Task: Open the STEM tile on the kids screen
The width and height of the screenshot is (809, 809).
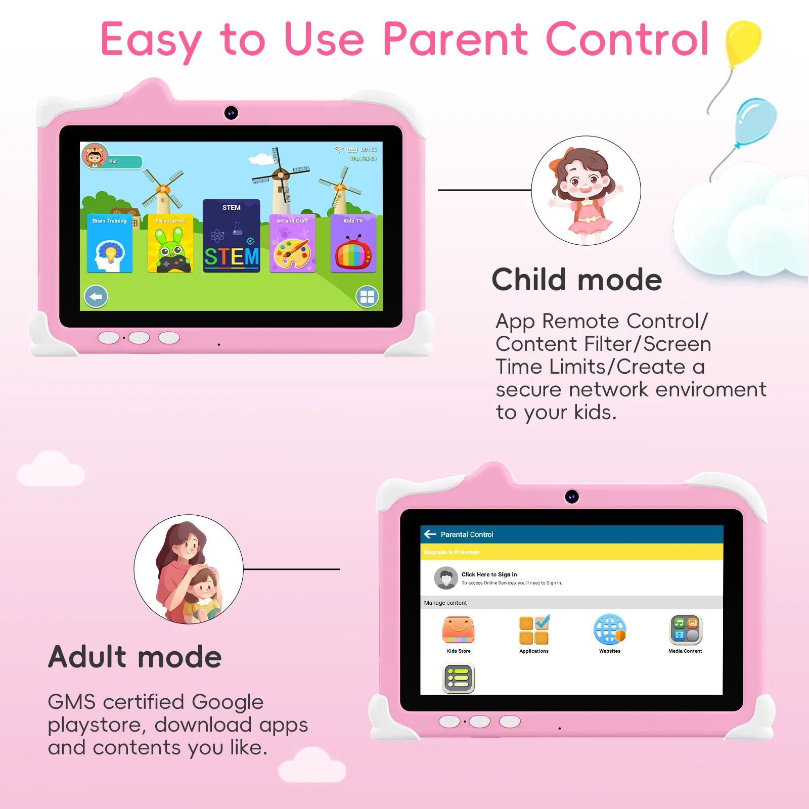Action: [x=232, y=236]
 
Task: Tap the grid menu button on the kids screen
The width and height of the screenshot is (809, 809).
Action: [x=367, y=297]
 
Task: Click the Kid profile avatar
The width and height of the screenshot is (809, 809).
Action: [x=95, y=155]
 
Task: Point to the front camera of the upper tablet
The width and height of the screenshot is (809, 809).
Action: [x=231, y=113]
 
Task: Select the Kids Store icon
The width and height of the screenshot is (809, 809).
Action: [x=458, y=630]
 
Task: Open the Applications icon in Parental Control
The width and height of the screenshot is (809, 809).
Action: [x=534, y=630]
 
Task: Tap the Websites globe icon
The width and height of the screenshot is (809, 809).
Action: [x=610, y=630]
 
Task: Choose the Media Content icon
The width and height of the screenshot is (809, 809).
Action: [x=686, y=630]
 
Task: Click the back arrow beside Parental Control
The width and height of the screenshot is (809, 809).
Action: [x=430, y=534]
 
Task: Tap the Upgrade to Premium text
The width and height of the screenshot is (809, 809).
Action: [x=452, y=552]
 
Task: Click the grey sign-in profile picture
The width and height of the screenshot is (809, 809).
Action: [x=446, y=578]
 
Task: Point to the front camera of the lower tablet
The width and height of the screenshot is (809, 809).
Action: [x=572, y=497]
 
